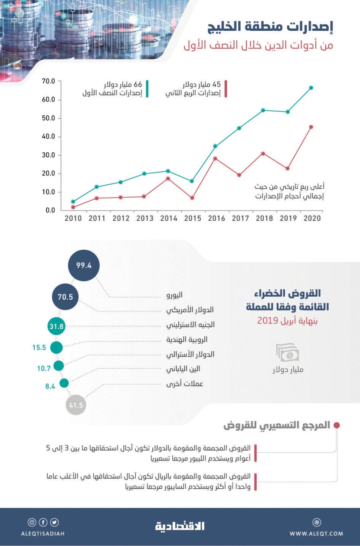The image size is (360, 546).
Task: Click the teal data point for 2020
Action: point(311,88)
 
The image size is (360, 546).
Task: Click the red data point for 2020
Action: point(311,127)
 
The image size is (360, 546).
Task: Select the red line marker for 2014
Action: point(168,179)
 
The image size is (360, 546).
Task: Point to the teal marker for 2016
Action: point(215,146)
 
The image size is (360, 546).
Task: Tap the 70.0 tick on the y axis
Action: point(48,82)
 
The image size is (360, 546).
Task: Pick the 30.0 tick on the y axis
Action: point(48,155)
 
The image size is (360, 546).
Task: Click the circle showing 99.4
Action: point(84,266)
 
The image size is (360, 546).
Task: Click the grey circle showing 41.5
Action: point(76,405)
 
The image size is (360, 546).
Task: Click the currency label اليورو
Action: point(175,295)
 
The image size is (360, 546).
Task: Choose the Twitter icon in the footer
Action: point(54,522)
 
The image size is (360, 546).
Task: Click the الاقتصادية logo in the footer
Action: point(180,526)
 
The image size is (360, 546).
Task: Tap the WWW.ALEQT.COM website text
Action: point(316,534)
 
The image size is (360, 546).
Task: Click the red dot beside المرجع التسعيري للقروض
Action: point(337,426)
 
